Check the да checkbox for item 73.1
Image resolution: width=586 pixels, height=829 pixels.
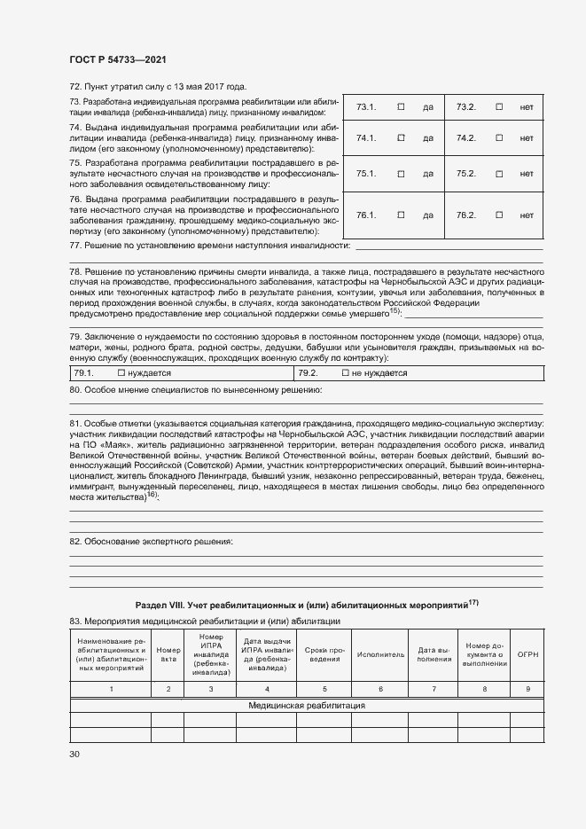[x=401, y=107]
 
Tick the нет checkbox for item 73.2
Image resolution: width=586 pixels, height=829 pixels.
[x=499, y=107]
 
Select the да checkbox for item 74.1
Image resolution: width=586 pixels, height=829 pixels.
[x=401, y=137]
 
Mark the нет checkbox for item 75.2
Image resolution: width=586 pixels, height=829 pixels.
[x=499, y=174]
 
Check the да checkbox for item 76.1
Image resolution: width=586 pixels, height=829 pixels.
[x=401, y=215]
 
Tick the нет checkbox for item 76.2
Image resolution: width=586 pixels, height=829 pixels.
[x=499, y=215]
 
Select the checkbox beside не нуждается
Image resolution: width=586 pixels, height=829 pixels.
[x=346, y=373]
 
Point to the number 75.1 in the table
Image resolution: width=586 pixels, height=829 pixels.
[x=366, y=174]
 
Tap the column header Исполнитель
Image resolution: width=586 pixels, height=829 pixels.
[x=380, y=654]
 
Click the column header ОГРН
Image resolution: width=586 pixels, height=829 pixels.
[x=528, y=654]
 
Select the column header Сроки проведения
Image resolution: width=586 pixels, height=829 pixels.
[x=324, y=654]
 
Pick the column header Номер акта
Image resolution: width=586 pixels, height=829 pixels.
[x=168, y=654]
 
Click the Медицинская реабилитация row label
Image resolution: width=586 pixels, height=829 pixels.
[x=306, y=706]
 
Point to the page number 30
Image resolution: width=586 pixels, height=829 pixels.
[x=74, y=754]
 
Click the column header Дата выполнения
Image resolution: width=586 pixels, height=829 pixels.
[x=434, y=654]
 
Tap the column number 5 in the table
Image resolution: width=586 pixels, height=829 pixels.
[x=324, y=688]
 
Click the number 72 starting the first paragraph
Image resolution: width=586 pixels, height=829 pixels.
[x=74, y=87]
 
